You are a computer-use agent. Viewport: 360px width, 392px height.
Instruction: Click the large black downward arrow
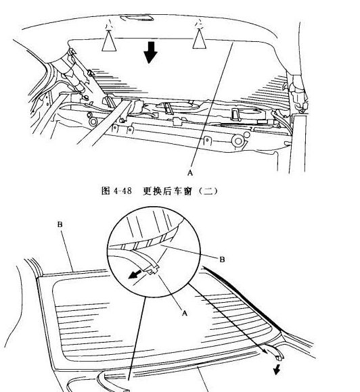[150, 53]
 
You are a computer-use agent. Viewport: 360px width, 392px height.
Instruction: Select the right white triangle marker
[200, 39]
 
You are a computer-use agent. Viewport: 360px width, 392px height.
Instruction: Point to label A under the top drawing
[190, 172]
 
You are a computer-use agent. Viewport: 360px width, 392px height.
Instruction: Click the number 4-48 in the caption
[122, 191]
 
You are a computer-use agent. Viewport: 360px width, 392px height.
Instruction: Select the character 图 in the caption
[106, 191]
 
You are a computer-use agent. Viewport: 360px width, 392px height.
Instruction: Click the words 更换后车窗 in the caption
[168, 191]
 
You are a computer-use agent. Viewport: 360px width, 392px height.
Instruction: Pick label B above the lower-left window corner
[60, 224]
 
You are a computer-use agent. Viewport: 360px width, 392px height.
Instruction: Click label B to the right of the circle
[222, 260]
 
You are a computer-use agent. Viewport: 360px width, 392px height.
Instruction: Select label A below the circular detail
[185, 313]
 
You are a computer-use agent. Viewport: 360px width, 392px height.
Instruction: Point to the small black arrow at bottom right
[276, 370]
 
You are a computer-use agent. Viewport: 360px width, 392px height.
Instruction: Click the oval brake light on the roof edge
[137, 18]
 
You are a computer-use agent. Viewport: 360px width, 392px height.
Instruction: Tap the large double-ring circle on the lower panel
[238, 141]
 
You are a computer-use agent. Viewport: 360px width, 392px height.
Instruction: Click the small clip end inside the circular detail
[153, 270]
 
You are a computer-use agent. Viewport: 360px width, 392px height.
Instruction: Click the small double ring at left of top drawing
[93, 122]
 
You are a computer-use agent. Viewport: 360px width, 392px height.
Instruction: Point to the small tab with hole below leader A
[207, 141]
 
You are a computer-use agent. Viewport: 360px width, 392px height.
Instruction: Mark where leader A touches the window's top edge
[233, 42]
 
